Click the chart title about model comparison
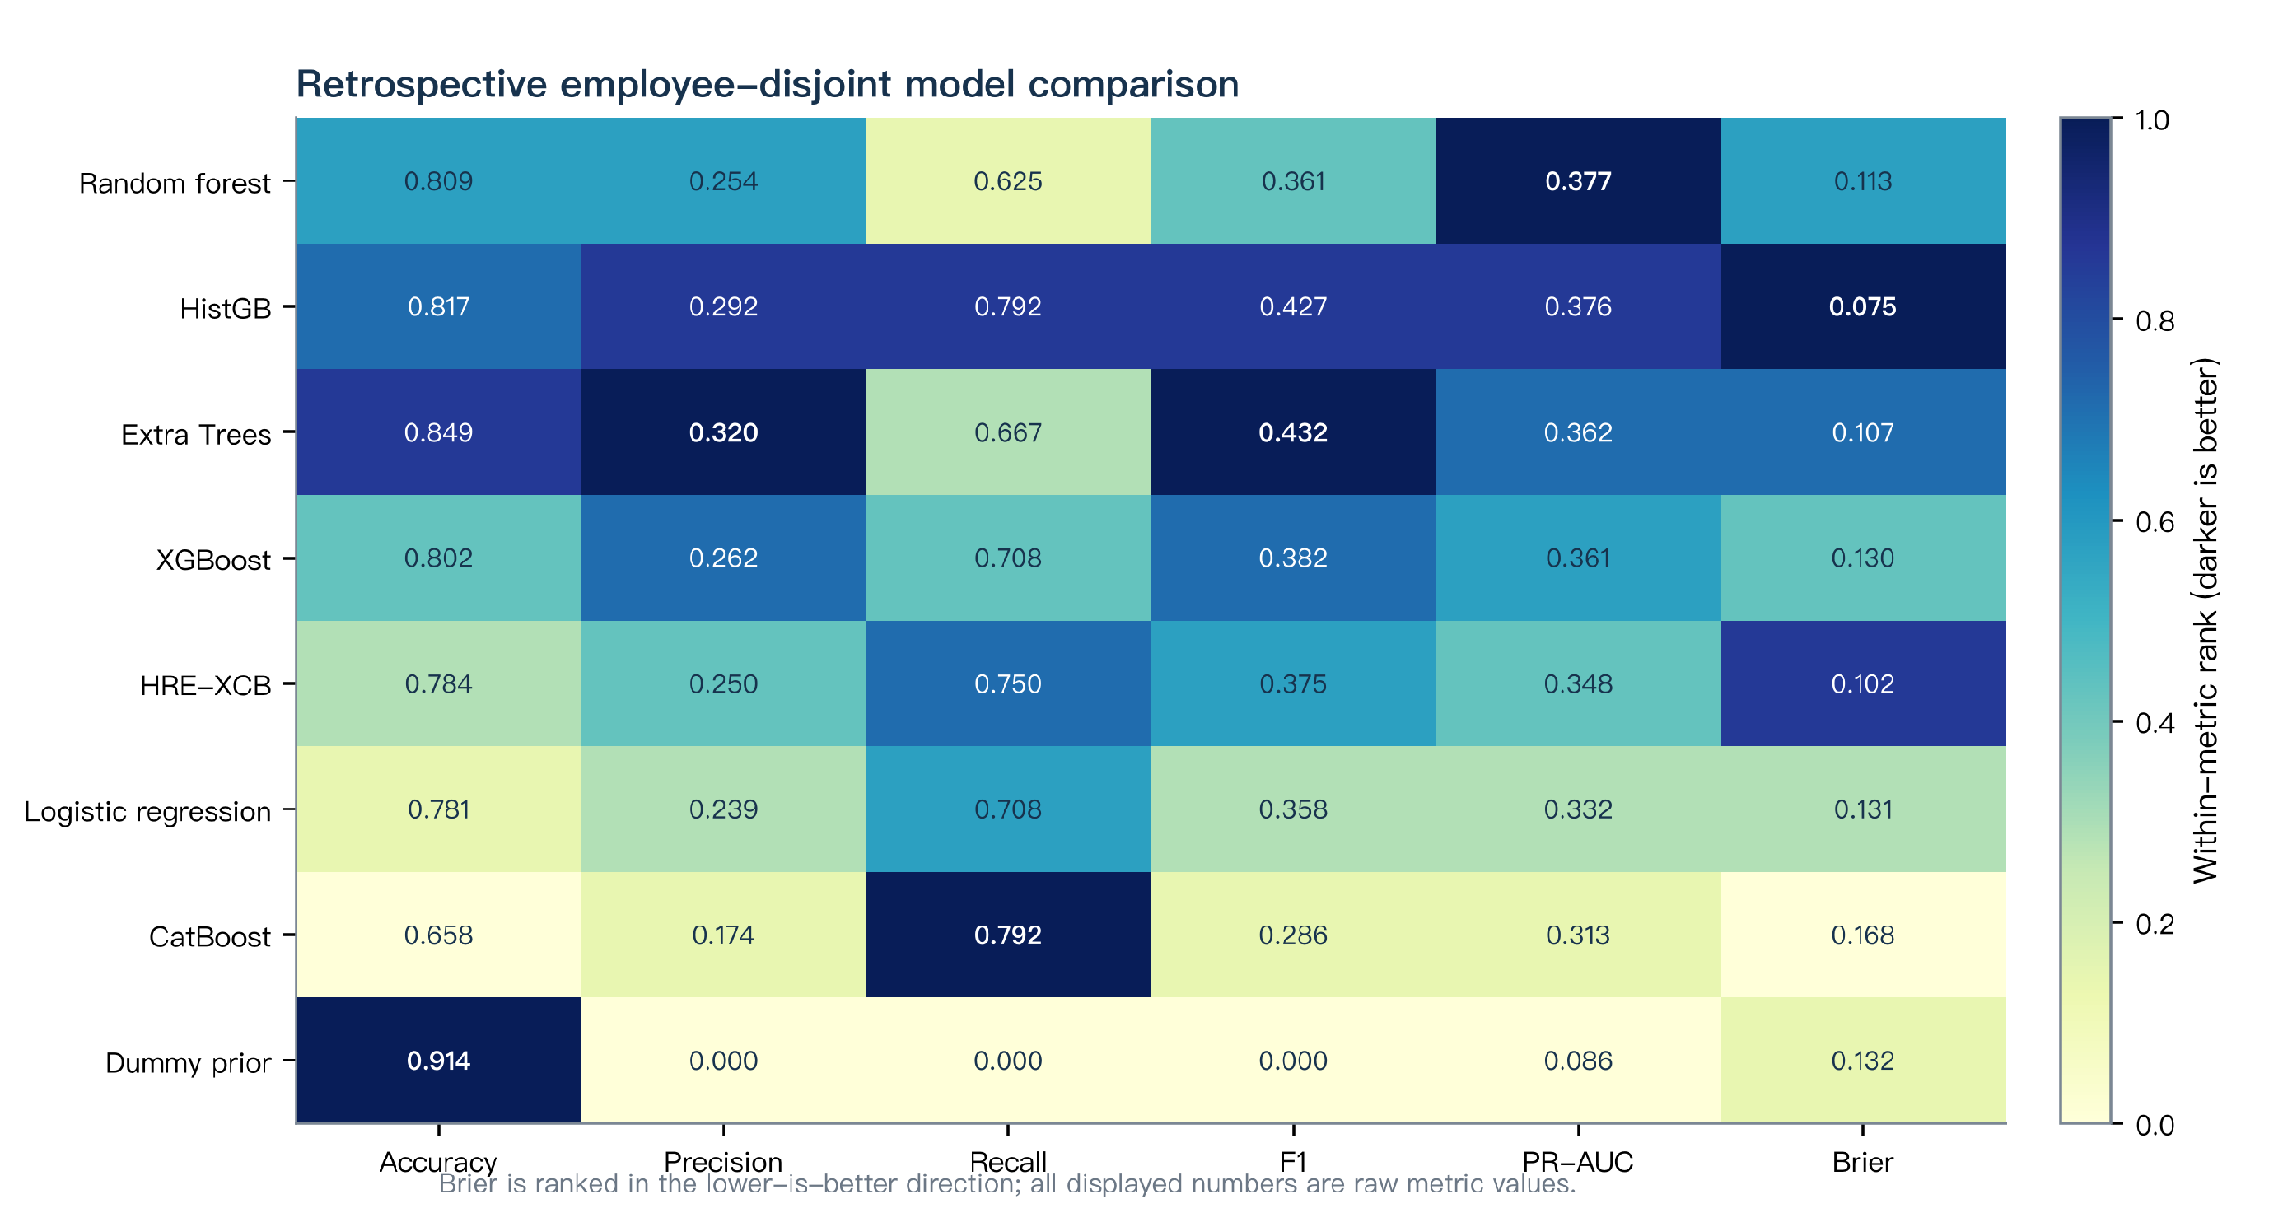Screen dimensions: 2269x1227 [x=768, y=85]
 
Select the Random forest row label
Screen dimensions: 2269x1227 [x=175, y=183]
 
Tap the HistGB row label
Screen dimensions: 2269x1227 [x=226, y=308]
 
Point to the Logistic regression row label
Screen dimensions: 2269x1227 [x=147, y=811]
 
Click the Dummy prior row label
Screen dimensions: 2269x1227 [x=188, y=1062]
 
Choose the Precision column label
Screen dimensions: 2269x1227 [x=723, y=1162]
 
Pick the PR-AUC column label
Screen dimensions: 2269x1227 [x=1577, y=1162]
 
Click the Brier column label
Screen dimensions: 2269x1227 [x=1862, y=1162]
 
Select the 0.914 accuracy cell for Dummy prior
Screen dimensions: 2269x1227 [x=439, y=1061]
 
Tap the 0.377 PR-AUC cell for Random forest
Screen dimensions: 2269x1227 [x=1577, y=180]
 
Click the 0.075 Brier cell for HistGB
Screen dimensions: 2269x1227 [x=1863, y=306]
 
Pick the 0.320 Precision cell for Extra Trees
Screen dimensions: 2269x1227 [x=723, y=432]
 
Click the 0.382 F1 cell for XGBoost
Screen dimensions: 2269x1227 [x=1293, y=558]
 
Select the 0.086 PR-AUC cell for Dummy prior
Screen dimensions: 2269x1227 [x=1577, y=1061]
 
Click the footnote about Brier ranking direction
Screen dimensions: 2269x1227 [x=1006, y=1184]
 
